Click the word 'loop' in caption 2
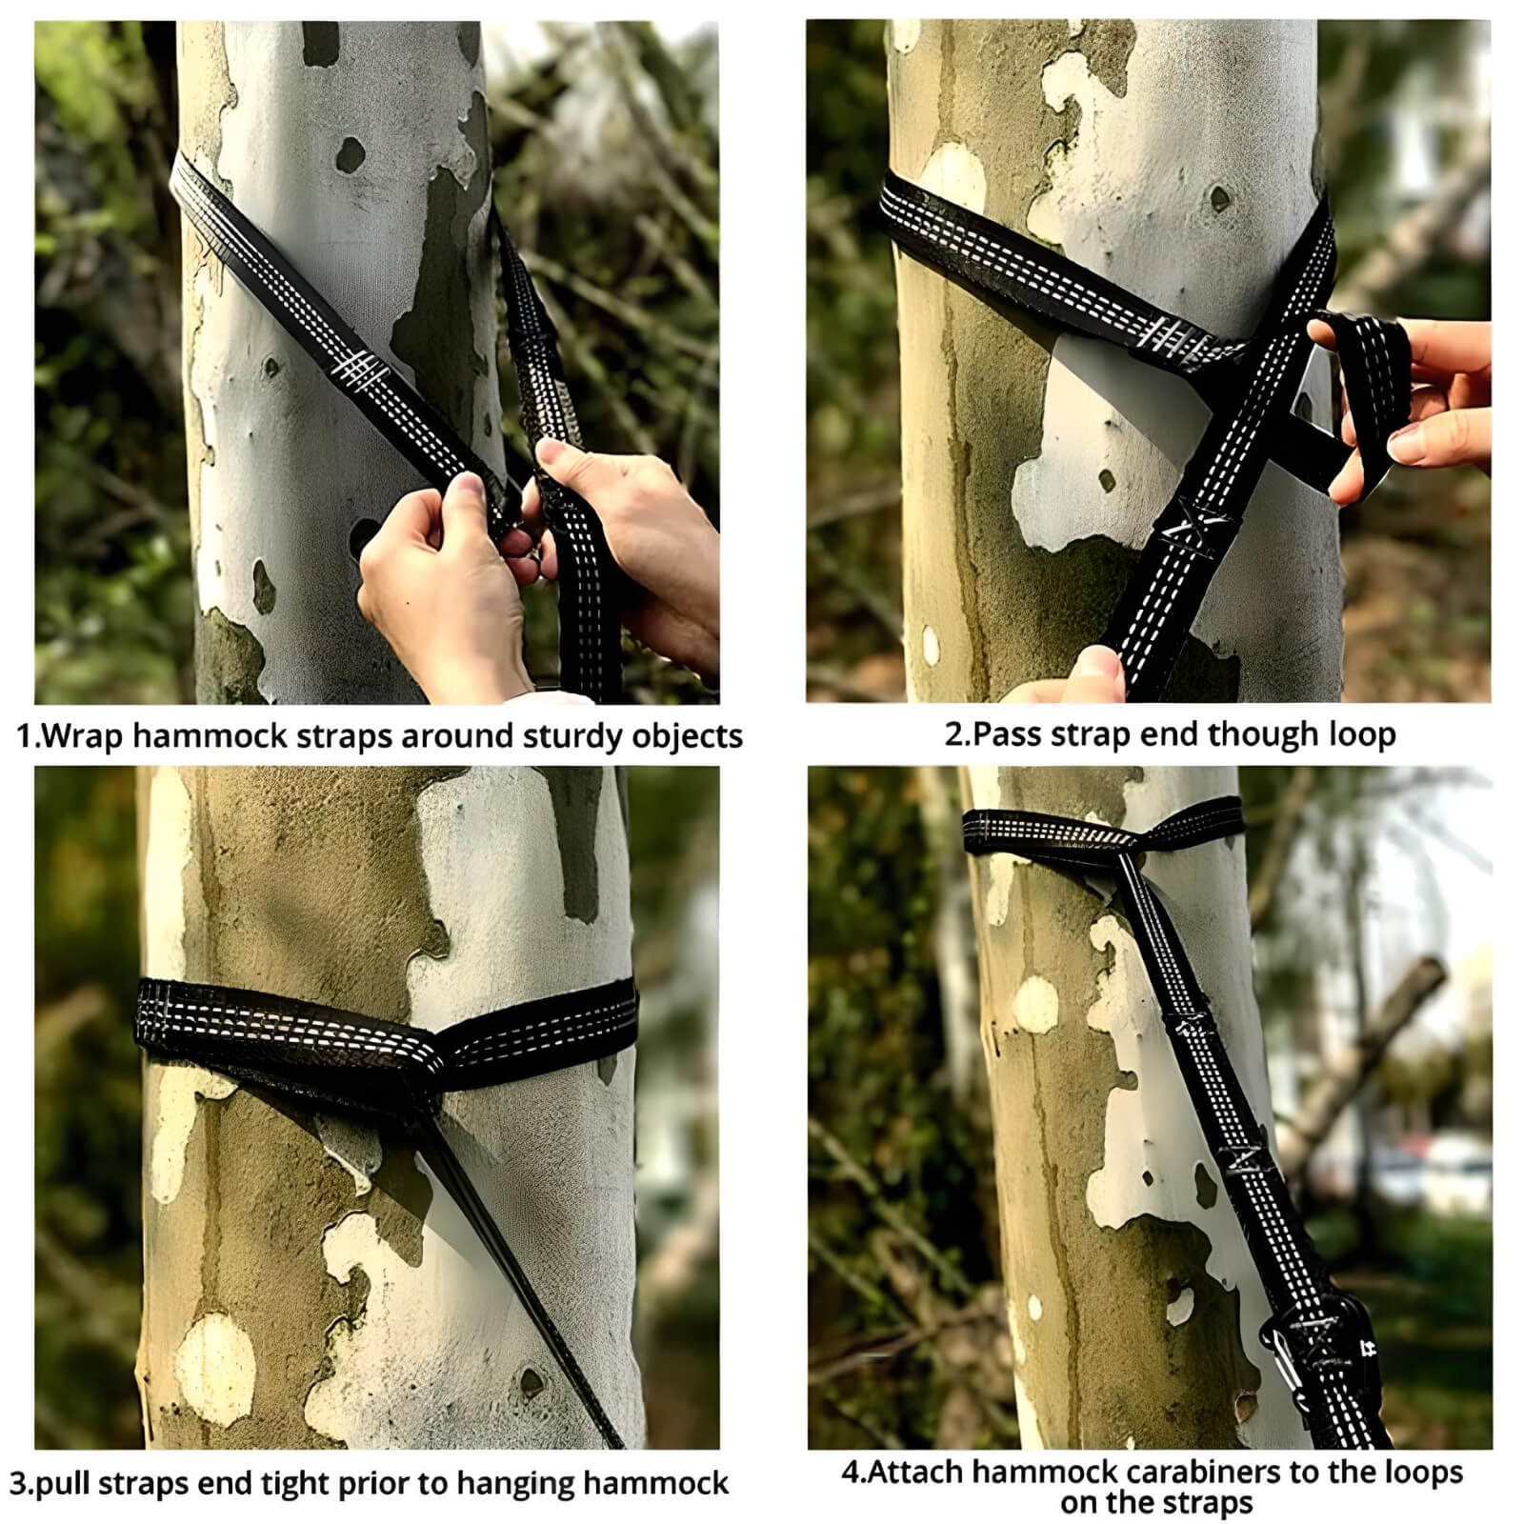[x=1362, y=734]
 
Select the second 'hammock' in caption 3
[x=656, y=1483]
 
